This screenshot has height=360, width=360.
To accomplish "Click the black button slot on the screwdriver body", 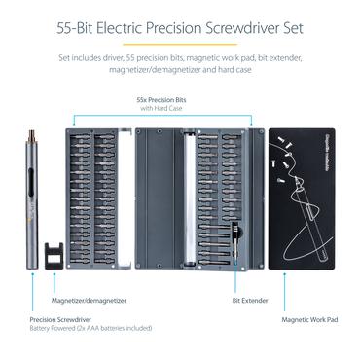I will [40, 180].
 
